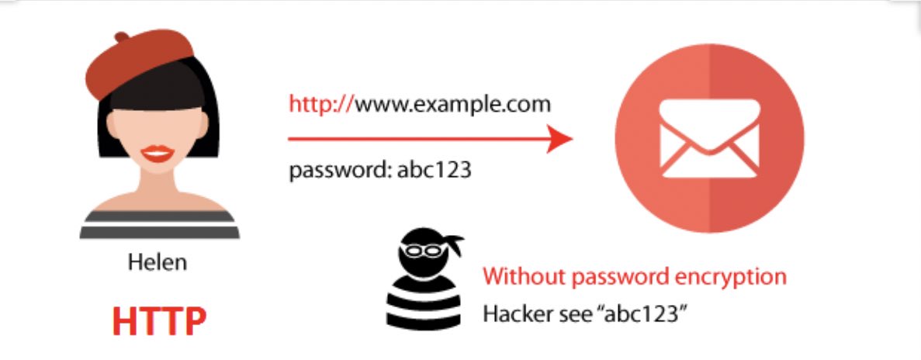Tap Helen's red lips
pyautogui.click(x=158, y=153)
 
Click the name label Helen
pyautogui.click(x=158, y=262)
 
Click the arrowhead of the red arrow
pyautogui.click(x=559, y=140)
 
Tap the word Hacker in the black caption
pyautogui.click(x=514, y=313)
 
